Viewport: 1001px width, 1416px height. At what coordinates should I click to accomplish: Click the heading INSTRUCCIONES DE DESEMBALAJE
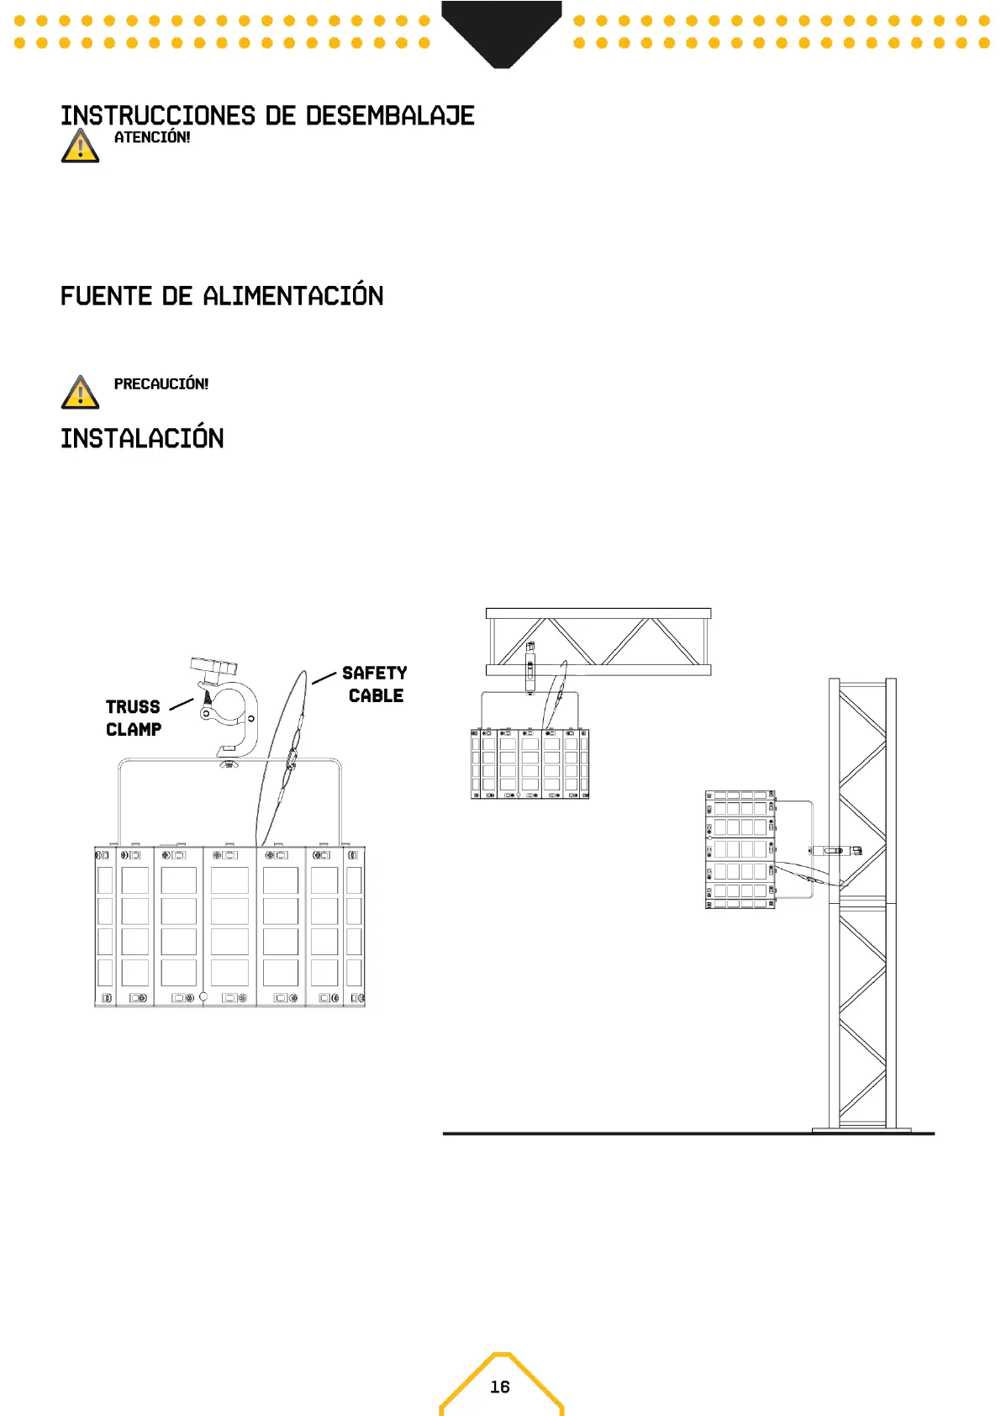click(x=267, y=116)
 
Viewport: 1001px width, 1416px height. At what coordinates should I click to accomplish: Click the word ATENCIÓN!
click(x=152, y=138)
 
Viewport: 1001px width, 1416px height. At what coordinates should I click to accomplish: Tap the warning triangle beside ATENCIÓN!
click(x=80, y=146)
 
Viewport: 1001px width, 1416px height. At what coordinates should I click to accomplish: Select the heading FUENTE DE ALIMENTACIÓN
click(x=222, y=296)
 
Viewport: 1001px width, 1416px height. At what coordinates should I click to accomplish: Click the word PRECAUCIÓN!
click(x=161, y=384)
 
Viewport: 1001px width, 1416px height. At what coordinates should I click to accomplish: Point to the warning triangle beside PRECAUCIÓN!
click(x=80, y=393)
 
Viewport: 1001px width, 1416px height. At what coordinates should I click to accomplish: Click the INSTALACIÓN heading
click(x=142, y=439)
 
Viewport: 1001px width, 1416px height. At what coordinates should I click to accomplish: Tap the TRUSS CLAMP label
click(x=133, y=718)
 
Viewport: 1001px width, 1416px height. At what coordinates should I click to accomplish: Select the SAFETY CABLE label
click(x=375, y=684)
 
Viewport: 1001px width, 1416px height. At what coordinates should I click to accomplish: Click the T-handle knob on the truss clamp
click(x=213, y=668)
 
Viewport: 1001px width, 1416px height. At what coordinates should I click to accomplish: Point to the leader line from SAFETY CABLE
click(x=324, y=678)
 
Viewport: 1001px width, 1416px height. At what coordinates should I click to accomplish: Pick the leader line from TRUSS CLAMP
click(x=182, y=705)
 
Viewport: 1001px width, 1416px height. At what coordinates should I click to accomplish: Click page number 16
click(x=500, y=1387)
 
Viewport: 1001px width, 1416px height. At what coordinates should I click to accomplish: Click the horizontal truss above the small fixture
click(x=598, y=642)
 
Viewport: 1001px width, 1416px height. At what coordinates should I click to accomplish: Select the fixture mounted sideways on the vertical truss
click(x=740, y=849)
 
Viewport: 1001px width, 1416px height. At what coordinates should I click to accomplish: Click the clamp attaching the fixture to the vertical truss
click(x=834, y=850)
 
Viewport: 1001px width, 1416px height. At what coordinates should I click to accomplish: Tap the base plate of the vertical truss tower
click(x=861, y=1129)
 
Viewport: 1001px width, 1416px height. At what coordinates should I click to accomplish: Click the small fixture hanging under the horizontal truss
click(x=529, y=763)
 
